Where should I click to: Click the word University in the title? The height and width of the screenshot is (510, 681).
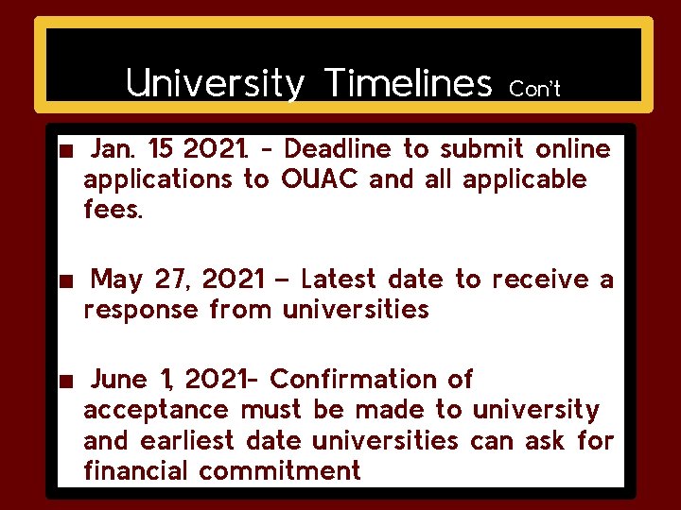pos(215,85)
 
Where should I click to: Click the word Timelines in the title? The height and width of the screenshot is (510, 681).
pos(408,85)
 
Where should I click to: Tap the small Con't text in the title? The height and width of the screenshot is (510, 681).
pos(534,90)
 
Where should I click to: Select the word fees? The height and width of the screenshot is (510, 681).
pos(113,210)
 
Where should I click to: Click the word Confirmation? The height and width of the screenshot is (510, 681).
pos(358,380)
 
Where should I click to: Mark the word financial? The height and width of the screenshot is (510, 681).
pos(136,470)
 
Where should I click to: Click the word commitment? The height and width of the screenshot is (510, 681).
pos(280,470)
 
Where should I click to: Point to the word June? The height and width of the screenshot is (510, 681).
pos(119,380)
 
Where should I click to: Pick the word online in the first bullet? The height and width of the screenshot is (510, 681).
pos(573,149)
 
